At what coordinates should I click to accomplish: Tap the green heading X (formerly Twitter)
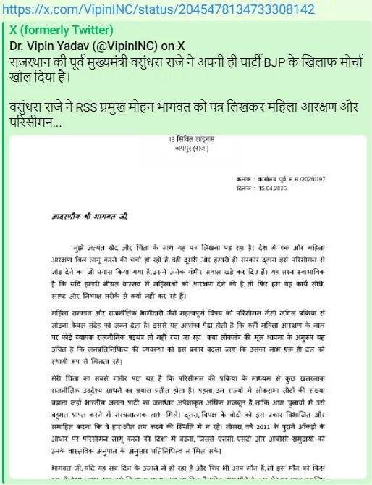(x=62, y=30)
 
